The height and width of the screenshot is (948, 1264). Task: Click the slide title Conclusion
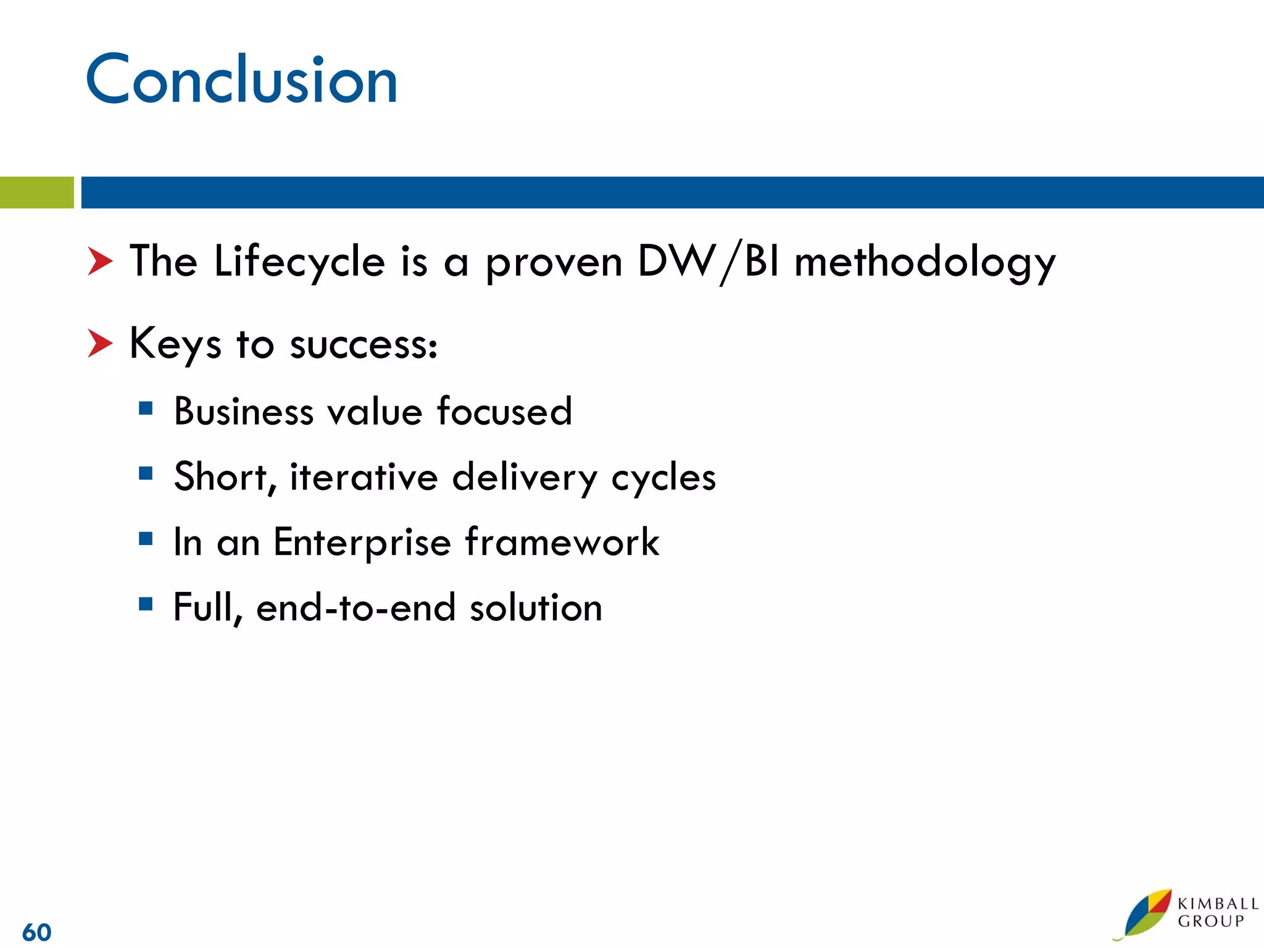[242, 80]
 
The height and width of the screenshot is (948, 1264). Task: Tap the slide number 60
[37, 932]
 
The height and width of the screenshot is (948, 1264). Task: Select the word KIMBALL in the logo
[1217, 904]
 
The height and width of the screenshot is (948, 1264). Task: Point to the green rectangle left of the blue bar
[36, 193]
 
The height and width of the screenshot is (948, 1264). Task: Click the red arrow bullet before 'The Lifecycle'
[100, 261]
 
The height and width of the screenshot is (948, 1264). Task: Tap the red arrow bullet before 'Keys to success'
[100, 343]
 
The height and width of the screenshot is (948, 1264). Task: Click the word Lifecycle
[299, 262]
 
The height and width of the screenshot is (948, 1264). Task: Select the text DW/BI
[708, 262]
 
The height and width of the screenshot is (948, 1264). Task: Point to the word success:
[364, 345]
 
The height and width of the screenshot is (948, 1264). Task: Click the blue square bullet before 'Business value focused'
[146, 408]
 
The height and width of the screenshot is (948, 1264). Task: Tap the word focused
[504, 412]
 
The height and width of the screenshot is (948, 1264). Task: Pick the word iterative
[364, 477]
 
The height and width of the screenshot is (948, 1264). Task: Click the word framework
[562, 542]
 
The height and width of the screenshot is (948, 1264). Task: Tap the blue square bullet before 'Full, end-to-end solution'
[146, 603]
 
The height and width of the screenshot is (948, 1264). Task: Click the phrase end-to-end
[355, 608]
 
